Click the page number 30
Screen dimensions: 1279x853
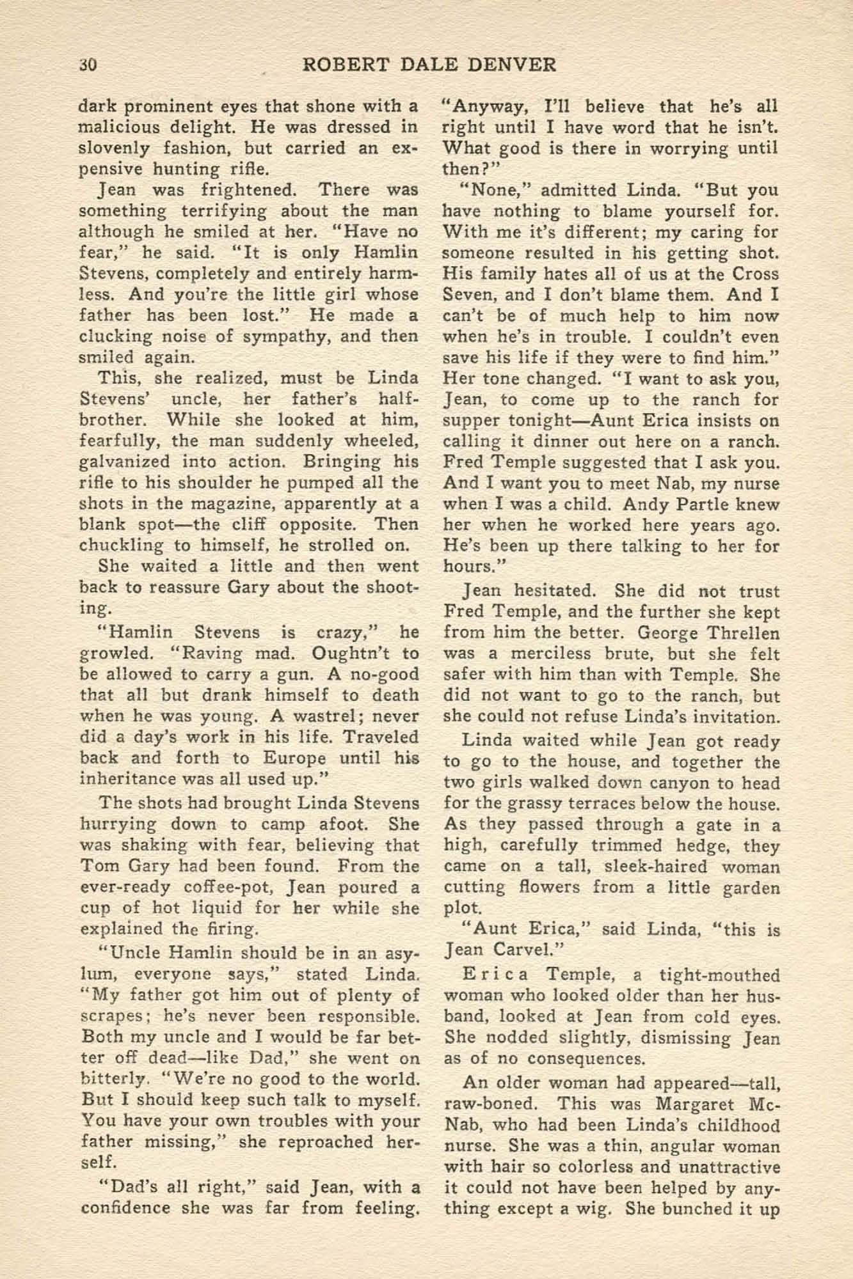coord(87,65)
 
